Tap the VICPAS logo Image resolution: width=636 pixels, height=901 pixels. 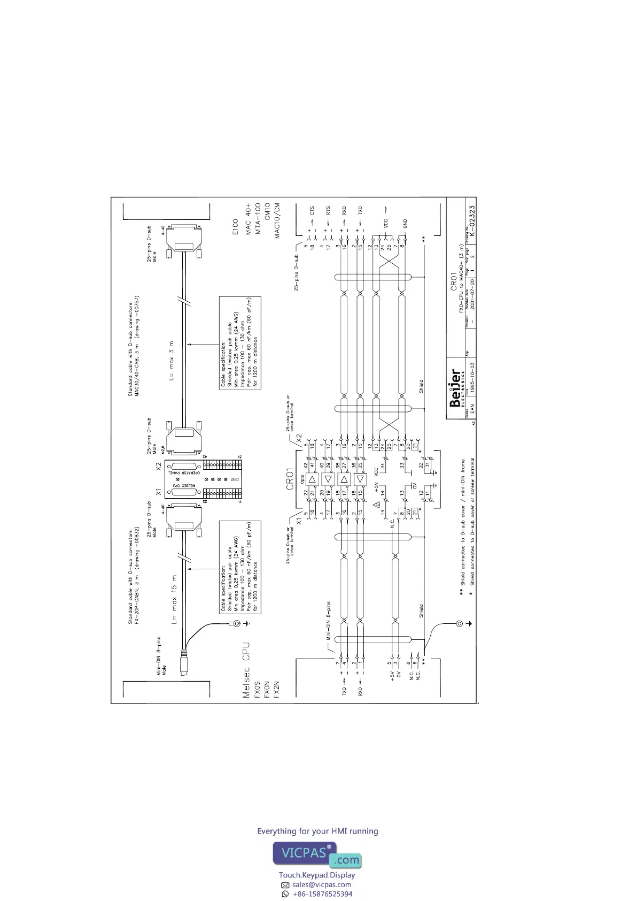[317, 854]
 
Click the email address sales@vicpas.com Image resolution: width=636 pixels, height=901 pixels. [322, 884]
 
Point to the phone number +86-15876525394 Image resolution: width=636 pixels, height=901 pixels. [322, 894]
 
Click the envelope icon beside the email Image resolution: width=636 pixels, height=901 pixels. [285, 885]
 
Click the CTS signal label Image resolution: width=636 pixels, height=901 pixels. [312, 211]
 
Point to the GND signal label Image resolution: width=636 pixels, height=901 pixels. [405, 223]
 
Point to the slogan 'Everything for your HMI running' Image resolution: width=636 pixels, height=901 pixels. [317, 831]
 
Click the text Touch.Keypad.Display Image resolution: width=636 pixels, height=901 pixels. [317, 875]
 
